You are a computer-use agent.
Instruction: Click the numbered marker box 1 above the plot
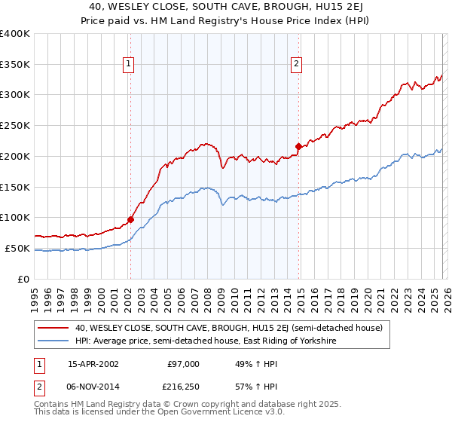point(130,65)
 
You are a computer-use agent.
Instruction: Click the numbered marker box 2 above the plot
point(298,65)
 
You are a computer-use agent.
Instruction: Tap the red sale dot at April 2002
point(130,220)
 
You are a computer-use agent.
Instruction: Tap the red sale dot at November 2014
point(298,146)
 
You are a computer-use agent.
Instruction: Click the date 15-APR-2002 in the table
point(93,364)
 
